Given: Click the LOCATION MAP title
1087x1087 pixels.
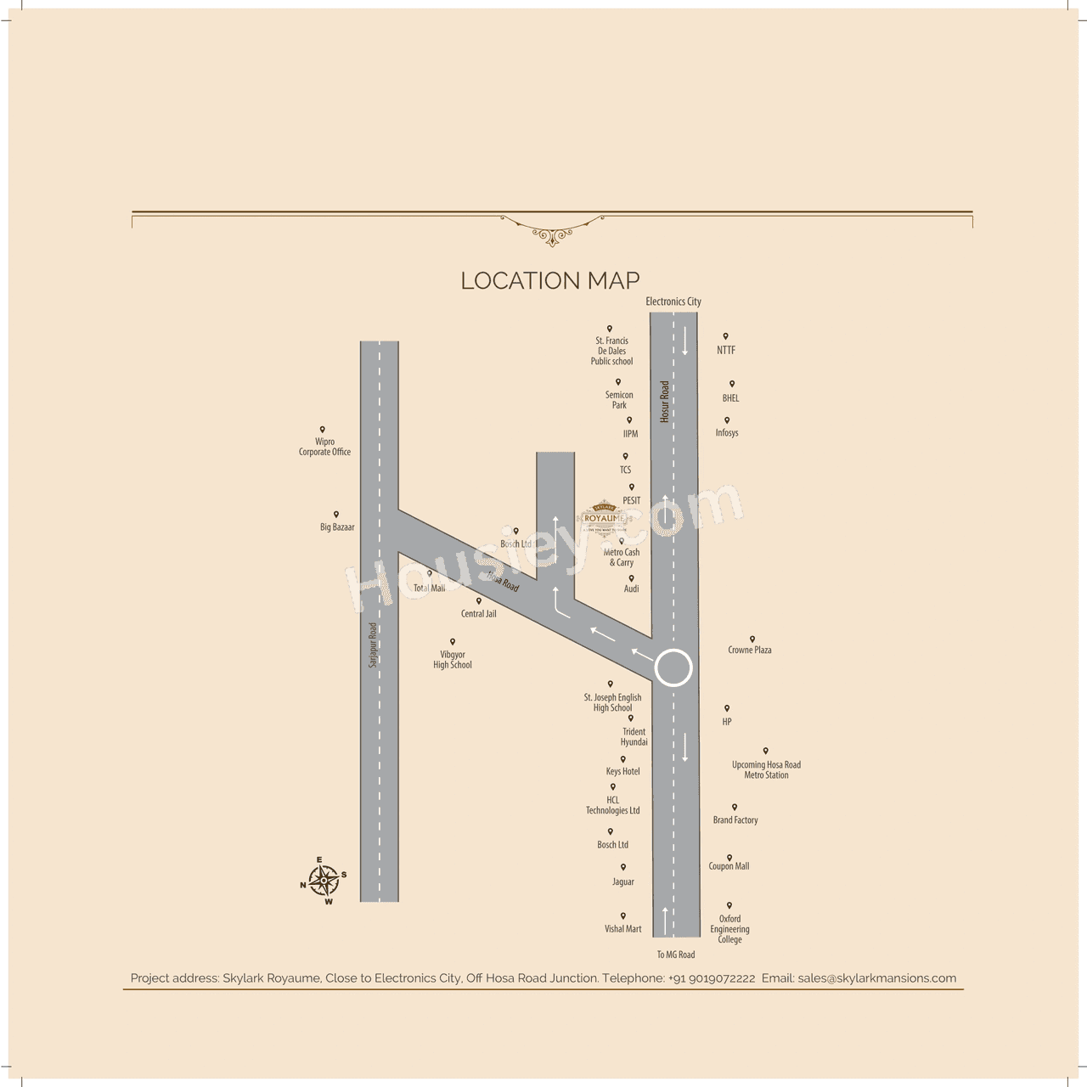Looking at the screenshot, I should pyautogui.click(x=549, y=280).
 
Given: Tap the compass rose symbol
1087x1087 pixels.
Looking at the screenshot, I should pyautogui.click(x=324, y=881).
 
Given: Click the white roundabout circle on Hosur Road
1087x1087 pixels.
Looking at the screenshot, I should pyautogui.click(x=673, y=668).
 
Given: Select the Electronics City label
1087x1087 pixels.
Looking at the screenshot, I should pyautogui.click(x=673, y=301).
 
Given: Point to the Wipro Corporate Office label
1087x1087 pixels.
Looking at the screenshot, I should pyautogui.click(x=324, y=447).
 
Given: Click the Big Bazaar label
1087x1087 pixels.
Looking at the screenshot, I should pyautogui.click(x=337, y=527).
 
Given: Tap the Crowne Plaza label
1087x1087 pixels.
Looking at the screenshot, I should pyautogui.click(x=750, y=650).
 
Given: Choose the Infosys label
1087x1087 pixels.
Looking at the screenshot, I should pyautogui.click(x=727, y=433).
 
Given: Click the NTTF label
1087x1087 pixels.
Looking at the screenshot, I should pyautogui.click(x=726, y=350).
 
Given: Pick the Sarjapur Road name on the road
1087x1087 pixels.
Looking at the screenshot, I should pyautogui.click(x=373, y=645).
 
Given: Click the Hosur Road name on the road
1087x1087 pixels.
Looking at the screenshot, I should pyautogui.click(x=665, y=401).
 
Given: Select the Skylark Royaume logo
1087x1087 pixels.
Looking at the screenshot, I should pyautogui.click(x=605, y=517).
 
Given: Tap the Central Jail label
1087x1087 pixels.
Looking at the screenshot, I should pyautogui.click(x=479, y=613).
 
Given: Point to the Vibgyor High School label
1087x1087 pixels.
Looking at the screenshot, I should pyautogui.click(x=453, y=660).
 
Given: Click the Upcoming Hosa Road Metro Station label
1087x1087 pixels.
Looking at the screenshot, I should pyautogui.click(x=766, y=769).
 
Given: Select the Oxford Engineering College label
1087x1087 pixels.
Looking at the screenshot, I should pyautogui.click(x=729, y=929).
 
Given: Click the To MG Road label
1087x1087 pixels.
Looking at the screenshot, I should pyautogui.click(x=676, y=955).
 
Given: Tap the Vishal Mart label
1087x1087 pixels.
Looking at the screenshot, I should pyautogui.click(x=623, y=929).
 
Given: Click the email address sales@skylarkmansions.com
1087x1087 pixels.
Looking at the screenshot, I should pyautogui.click(x=877, y=978).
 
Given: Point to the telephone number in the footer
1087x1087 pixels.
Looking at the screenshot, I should pyautogui.click(x=712, y=978).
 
